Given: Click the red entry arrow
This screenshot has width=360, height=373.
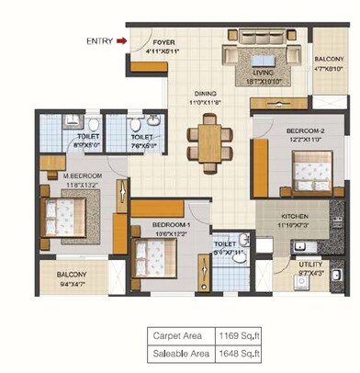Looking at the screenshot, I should click(x=124, y=40).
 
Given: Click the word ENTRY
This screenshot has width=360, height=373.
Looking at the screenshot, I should click(x=99, y=40).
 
